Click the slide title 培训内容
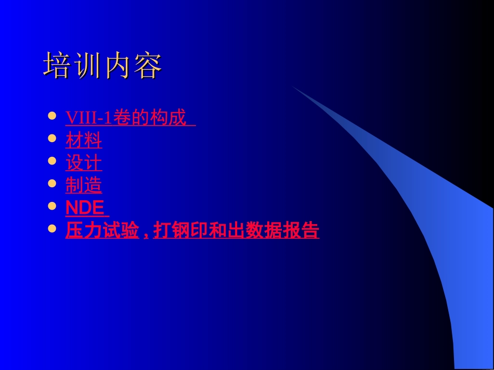tap(102, 65)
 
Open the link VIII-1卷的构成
tap(130, 118)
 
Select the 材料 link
tap(83, 140)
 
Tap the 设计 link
tap(83, 163)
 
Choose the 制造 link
tap(83, 185)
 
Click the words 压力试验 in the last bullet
tap(102, 230)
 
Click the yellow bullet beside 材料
tap(51, 139)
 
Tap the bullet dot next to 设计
tap(51, 161)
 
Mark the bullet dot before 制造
tap(51, 183)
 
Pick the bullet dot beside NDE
tap(51, 206)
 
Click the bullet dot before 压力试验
tap(51, 228)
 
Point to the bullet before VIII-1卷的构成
tap(51, 116)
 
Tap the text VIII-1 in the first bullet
tap(88, 118)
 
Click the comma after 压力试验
tap(146, 234)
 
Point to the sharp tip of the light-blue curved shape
tap(293, 87)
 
